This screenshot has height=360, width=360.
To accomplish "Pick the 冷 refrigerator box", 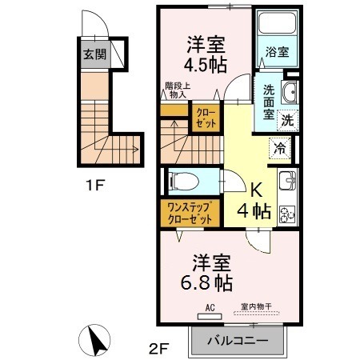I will click(x=280, y=147).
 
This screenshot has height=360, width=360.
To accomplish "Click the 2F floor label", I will click(x=160, y=349).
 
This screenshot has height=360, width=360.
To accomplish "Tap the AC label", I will click(x=210, y=307).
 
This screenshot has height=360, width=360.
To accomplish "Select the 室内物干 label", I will click(x=257, y=307).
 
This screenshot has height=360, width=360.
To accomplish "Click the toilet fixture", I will click(x=182, y=181).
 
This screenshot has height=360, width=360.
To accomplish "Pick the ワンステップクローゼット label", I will click(x=190, y=214).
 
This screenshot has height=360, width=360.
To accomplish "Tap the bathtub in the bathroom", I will click(x=277, y=28).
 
